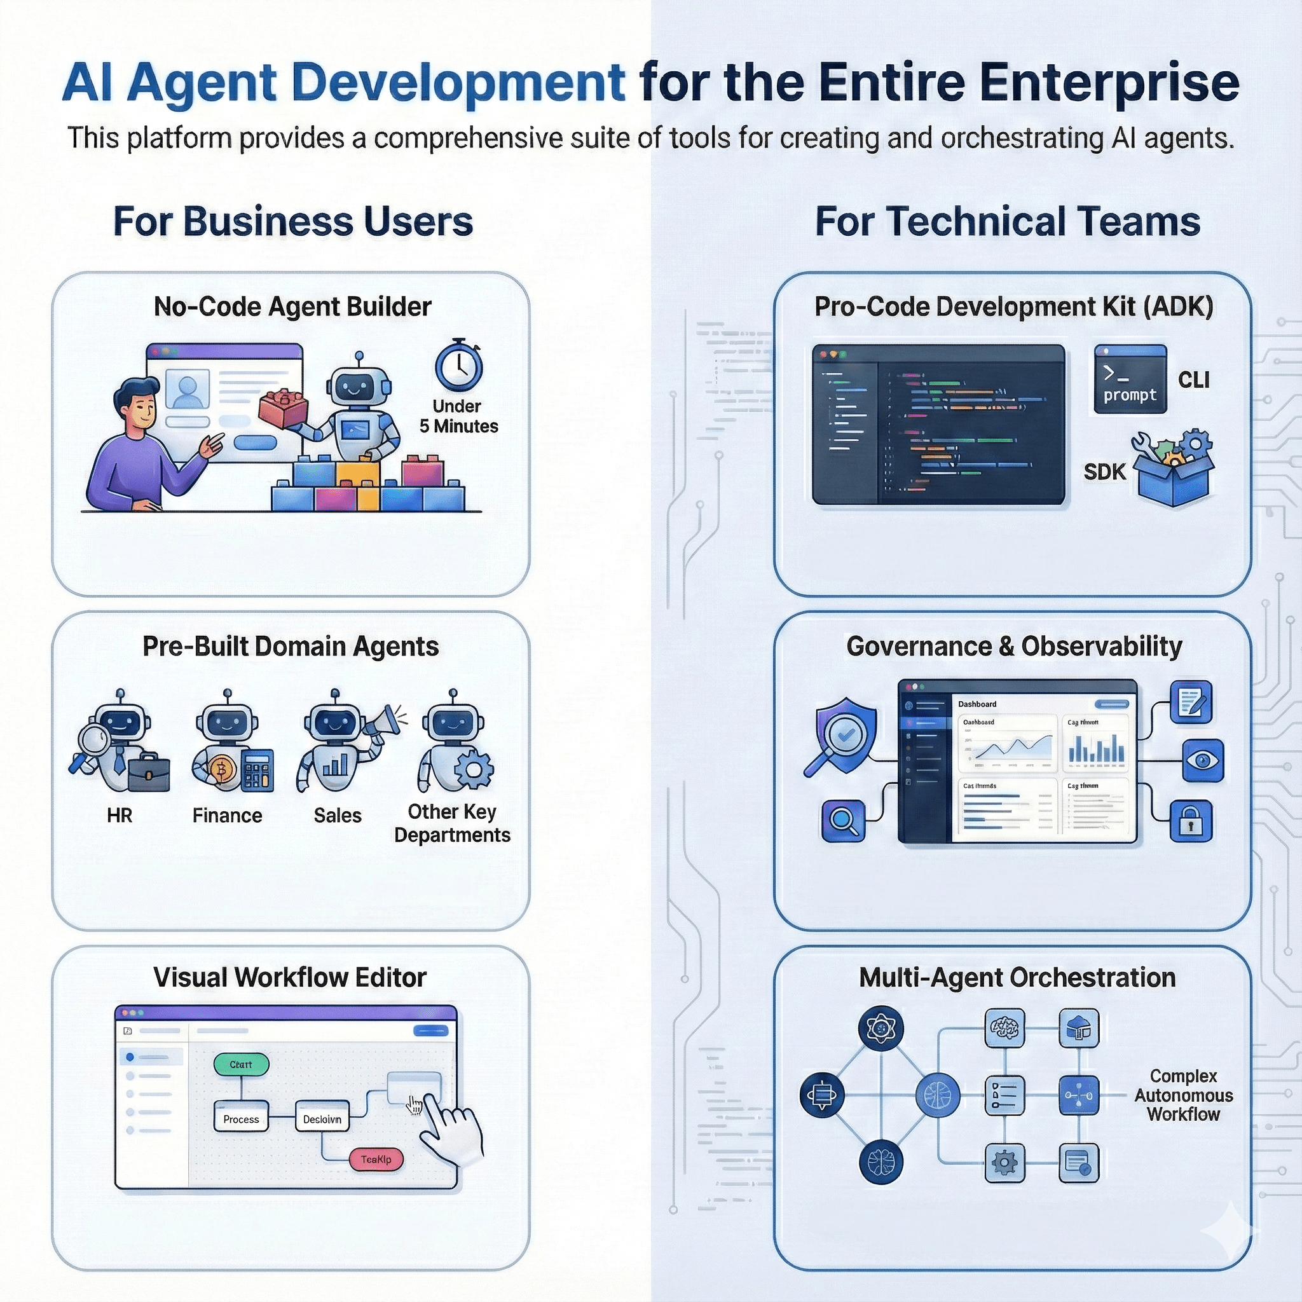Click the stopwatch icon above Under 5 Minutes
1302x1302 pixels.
click(x=459, y=367)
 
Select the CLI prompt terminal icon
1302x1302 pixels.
click(x=1130, y=379)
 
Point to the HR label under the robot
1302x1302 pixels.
click(x=120, y=816)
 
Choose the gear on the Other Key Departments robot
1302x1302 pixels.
click(x=474, y=768)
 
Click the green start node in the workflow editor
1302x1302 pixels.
click(x=240, y=1065)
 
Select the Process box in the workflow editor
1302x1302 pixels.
click(x=240, y=1120)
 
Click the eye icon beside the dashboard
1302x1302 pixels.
click(x=1203, y=760)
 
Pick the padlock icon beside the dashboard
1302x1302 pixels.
click(x=1190, y=821)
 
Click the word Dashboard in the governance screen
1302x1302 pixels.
click(x=977, y=704)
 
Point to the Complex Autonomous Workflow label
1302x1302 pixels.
click(x=1183, y=1095)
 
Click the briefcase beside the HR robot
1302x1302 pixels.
click(x=148, y=772)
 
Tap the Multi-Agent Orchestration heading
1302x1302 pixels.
click(x=1017, y=978)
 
